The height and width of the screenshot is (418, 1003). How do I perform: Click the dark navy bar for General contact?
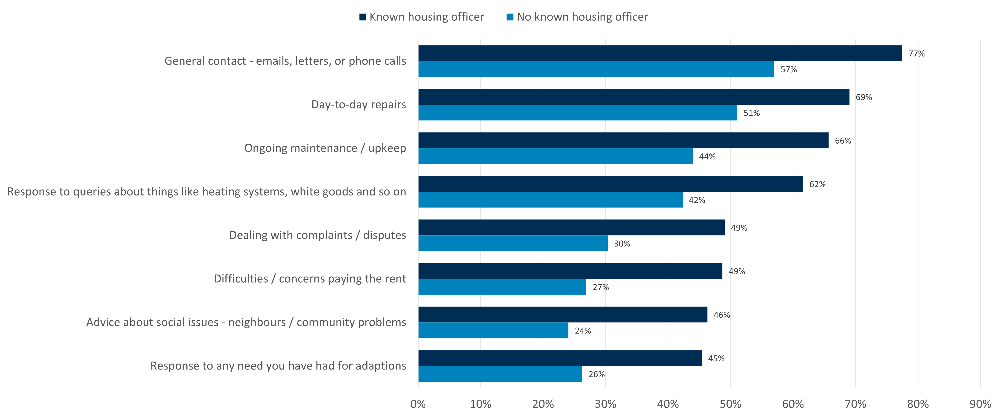click(x=660, y=53)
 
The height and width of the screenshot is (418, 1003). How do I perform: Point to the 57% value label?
click(x=789, y=70)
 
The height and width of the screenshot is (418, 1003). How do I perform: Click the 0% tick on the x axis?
click(x=418, y=404)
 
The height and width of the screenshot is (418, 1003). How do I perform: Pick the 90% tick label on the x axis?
click(x=980, y=404)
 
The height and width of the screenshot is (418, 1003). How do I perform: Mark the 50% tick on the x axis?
click(x=730, y=404)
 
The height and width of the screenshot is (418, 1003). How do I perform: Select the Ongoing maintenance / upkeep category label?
click(x=325, y=148)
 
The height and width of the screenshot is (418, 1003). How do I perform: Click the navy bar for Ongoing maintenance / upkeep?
click(x=623, y=140)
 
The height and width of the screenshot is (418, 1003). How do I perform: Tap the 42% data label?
click(x=697, y=200)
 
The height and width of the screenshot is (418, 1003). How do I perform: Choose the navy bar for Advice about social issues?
click(x=563, y=314)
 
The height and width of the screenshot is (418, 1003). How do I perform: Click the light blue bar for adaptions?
click(x=500, y=374)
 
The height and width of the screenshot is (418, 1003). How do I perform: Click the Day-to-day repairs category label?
click(x=359, y=105)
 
